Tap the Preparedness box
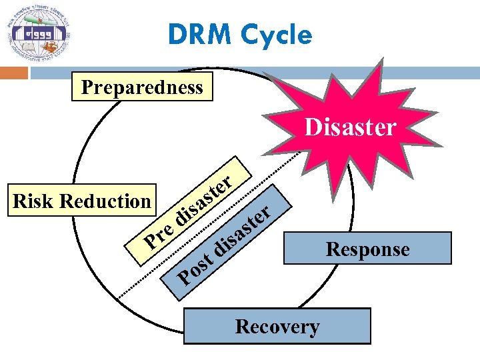pos(142,87)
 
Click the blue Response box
pos(367,249)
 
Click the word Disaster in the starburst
pos(350,127)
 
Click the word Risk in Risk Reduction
pos(33,201)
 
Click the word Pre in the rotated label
pos(159,234)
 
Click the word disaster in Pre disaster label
pos(204,198)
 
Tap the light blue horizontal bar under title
pos(253,71)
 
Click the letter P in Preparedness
pos(85,87)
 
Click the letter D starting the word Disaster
pos(311,127)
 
